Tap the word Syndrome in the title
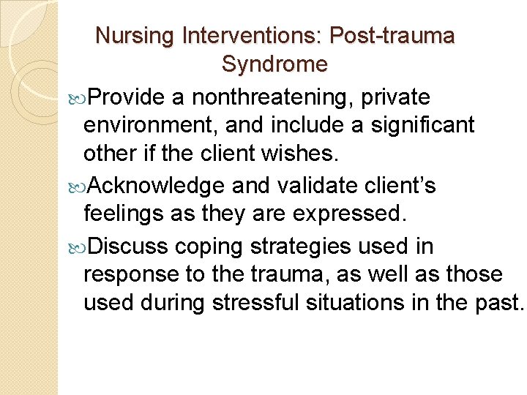click(x=274, y=64)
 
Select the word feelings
click(x=127, y=215)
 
